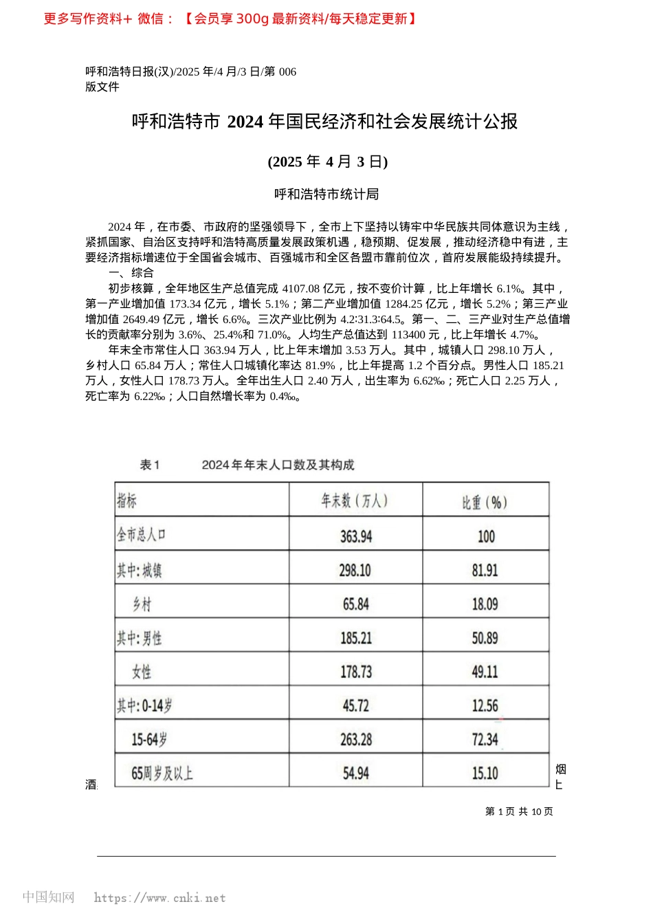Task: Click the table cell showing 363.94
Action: click(x=356, y=536)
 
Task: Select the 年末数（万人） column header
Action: click(x=355, y=501)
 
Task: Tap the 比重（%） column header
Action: click(x=485, y=503)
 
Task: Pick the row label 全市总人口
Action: click(x=142, y=535)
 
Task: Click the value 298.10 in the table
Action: click(x=356, y=571)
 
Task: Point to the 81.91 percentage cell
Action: click(x=485, y=571)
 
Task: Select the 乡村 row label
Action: click(x=142, y=604)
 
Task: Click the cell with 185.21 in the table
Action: click(x=356, y=638)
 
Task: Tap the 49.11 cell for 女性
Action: click(x=485, y=672)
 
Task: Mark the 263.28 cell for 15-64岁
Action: click(x=356, y=740)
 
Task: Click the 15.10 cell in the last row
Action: click(x=485, y=773)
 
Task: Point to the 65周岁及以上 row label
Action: click(x=162, y=773)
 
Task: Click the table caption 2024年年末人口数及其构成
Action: click(x=278, y=465)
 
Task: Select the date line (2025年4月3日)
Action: click(x=328, y=162)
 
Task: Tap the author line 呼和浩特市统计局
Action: click(x=326, y=195)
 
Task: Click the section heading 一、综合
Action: click(x=131, y=273)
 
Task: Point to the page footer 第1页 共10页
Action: click(x=519, y=811)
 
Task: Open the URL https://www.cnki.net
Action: click(x=159, y=898)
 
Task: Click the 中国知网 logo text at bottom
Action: click(x=48, y=897)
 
